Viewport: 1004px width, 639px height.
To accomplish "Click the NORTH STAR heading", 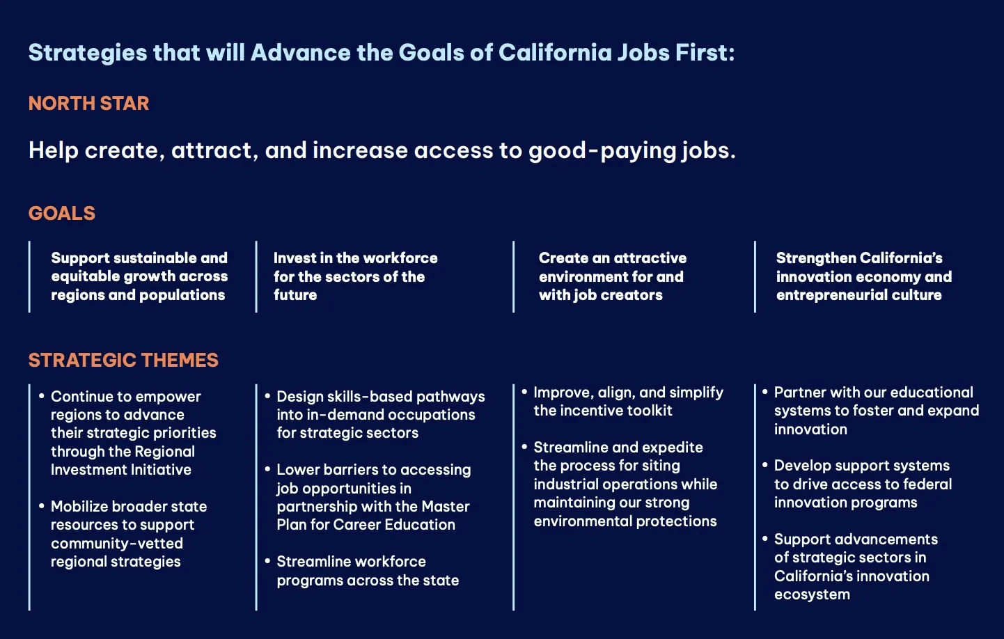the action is (x=88, y=104).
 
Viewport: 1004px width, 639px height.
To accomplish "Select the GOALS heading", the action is (x=62, y=213).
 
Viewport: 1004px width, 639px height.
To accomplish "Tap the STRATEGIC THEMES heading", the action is (x=123, y=361).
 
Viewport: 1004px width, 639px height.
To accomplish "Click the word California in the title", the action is (x=555, y=52).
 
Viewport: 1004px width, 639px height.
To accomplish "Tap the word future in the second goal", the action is (x=295, y=295).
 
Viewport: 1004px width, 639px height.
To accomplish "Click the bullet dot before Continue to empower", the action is (x=42, y=396).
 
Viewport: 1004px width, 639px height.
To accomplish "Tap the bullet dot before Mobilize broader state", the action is (x=42, y=506).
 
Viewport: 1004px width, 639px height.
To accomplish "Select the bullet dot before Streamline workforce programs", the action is (x=267, y=561).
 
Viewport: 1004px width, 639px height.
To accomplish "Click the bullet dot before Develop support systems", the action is (x=765, y=465).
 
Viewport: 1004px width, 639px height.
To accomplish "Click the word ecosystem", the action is (x=812, y=595).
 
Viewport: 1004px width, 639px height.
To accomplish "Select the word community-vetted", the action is (x=117, y=544).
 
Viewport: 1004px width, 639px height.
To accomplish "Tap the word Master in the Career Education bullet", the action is (x=446, y=507).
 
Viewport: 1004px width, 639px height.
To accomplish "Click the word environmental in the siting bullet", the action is (x=583, y=521).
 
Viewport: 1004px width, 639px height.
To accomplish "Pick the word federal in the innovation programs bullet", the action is (x=927, y=484).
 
